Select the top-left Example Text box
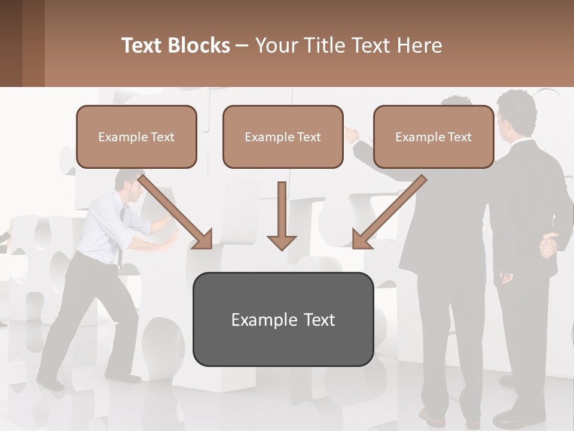click(x=136, y=136)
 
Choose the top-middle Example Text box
click(x=283, y=136)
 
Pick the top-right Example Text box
click(x=433, y=136)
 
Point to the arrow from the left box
click(x=176, y=212)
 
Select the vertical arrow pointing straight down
click(x=282, y=215)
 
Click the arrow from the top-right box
click(x=389, y=212)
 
